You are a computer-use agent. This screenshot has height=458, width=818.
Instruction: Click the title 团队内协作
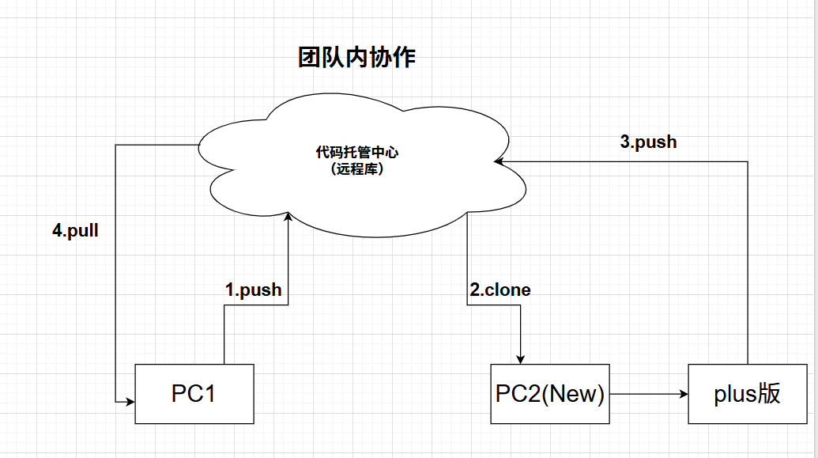356,58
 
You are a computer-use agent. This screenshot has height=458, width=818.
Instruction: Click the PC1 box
194,393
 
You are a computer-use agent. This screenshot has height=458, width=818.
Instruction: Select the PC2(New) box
549,393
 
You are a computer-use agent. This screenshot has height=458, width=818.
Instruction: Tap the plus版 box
746,393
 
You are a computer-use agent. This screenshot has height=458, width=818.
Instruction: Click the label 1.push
253,290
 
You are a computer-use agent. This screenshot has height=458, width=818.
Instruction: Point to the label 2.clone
500,290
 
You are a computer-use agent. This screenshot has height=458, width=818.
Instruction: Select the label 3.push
648,142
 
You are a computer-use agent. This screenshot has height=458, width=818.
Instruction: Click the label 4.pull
75,232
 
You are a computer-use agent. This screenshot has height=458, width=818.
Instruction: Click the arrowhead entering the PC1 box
129,402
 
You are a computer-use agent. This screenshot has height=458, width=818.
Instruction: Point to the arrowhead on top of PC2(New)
521,358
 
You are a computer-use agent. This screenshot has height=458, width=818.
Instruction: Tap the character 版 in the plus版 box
769,393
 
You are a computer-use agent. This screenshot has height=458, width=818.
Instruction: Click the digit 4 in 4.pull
57,232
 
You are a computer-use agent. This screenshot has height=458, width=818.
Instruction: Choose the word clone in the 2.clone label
507,290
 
